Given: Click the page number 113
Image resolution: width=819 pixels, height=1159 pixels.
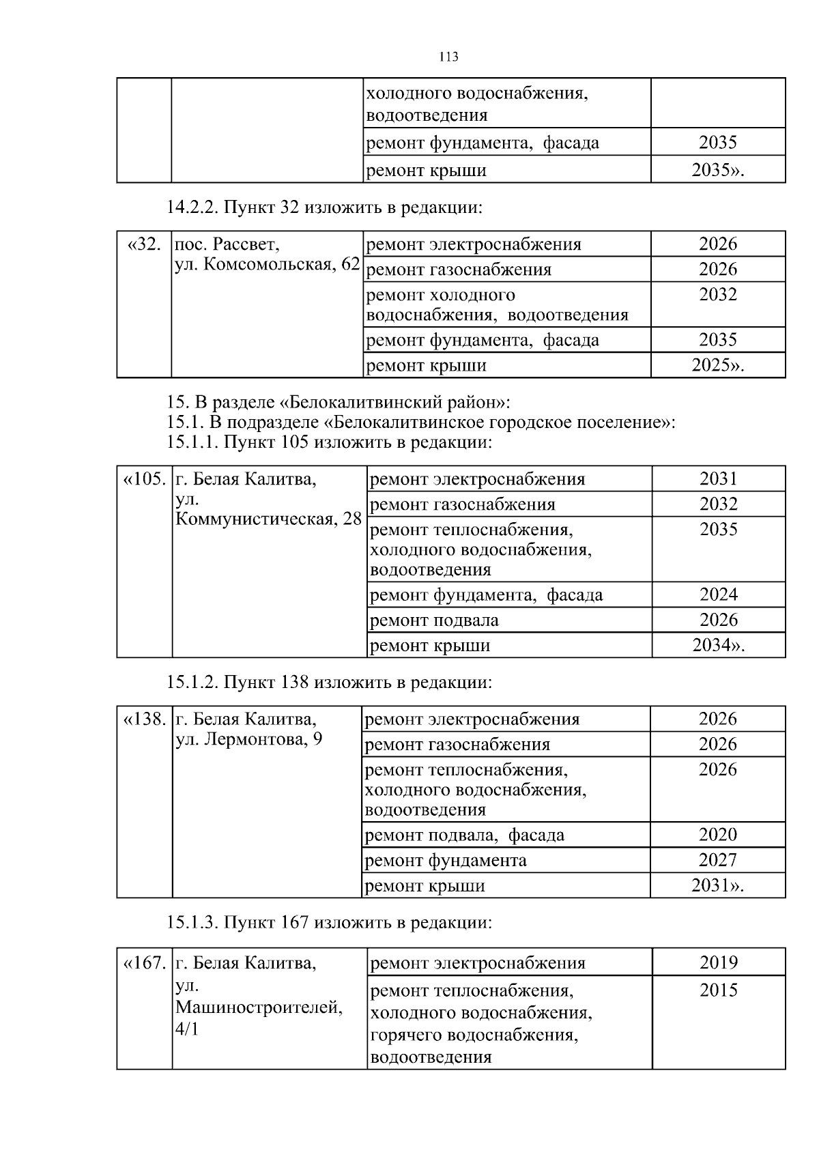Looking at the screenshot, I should pyautogui.click(x=448, y=57).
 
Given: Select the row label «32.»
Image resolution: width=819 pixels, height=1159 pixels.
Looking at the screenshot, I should pyautogui.click(x=145, y=244).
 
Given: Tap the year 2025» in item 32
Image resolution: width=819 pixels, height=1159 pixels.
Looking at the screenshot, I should pyautogui.click(x=717, y=365).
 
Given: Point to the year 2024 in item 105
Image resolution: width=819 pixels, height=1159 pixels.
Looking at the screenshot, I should pyautogui.click(x=718, y=595).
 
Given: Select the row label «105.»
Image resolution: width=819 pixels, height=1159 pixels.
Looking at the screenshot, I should pyautogui.click(x=145, y=479).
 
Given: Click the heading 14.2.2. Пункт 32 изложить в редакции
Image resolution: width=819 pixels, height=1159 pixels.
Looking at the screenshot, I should pyautogui.click(x=325, y=207).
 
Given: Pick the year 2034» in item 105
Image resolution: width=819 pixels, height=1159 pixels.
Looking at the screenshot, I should pyautogui.click(x=718, y=646).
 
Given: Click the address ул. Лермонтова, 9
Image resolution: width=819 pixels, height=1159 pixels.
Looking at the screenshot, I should pyautogui.click(x=249, y=740).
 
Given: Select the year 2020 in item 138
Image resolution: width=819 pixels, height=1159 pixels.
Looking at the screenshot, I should pyautogui.click(x=717, y=835).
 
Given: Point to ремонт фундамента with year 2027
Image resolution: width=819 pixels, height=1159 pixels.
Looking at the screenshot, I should pyautogui.click(x=446, y=861).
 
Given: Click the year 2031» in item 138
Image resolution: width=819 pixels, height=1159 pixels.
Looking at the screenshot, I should pyautogui.click(x=717, y=886).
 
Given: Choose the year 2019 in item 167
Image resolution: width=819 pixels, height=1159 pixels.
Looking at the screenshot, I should pyautogui.click(x=718, y=963).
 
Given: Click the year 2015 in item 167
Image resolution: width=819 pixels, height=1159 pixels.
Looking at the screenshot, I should pyautogui.click(x=718, y=990).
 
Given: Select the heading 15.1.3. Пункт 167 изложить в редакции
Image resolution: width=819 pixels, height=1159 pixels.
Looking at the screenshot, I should pyautogui.click(x=329, y=923).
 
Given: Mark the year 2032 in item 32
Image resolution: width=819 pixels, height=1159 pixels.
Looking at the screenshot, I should pyautogui.click(x=717, y=295).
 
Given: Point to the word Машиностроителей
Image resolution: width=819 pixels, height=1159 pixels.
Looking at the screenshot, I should pyautogui.click(x=259, y=1007).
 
